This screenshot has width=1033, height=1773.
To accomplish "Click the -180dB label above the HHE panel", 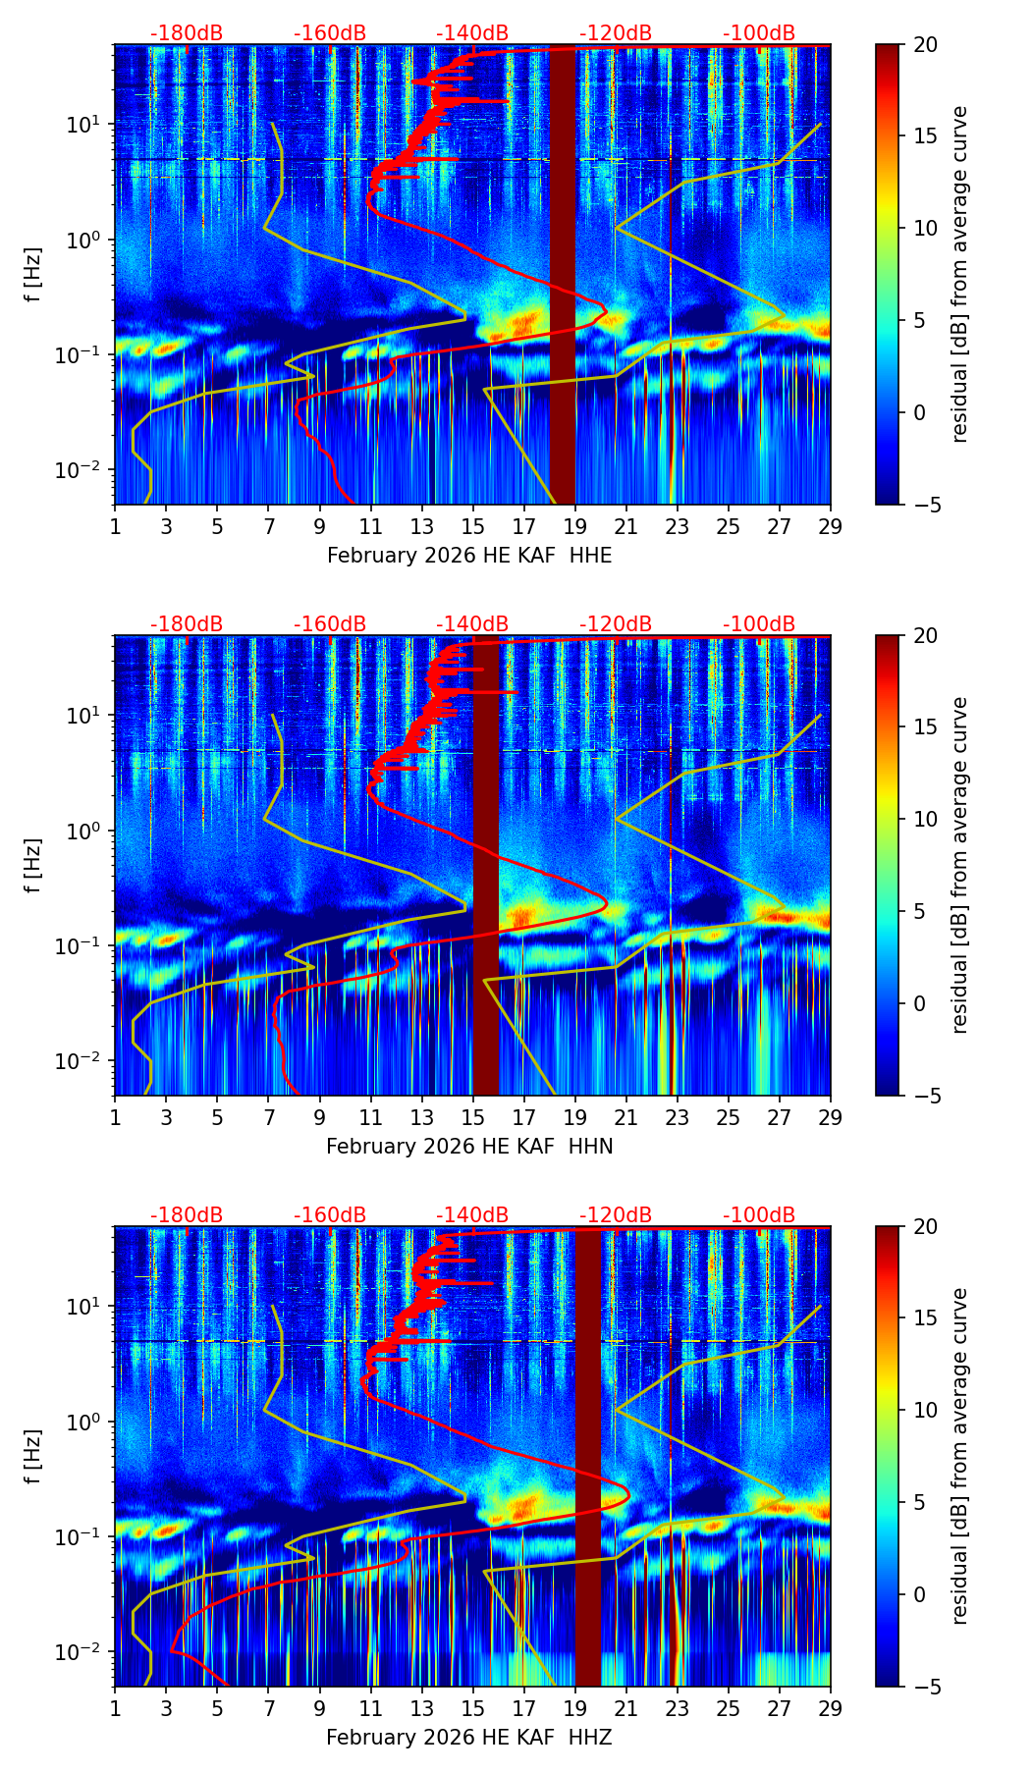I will click(x=187, y=33).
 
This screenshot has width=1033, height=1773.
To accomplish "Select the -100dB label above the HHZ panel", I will click(x=759, y=1215).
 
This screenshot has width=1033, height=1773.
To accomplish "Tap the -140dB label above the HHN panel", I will click(x=472, y=624).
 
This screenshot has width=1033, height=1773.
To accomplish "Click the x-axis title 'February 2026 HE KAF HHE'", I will click(x=469, y=556).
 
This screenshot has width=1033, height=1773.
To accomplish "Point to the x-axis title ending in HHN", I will click(x=469, y=1147).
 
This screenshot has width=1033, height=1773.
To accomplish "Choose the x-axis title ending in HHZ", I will click(x=469, y=1738).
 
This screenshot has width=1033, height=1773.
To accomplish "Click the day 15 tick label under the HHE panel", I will click(x=472, y=526).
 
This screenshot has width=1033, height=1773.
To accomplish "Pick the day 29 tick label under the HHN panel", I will click(x=830, y=1117).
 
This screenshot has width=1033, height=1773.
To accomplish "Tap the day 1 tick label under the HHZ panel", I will click(x=116, y=1708).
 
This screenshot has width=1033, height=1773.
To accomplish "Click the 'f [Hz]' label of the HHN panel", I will click(x=34, y=865).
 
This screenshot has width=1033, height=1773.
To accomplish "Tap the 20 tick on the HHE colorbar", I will click(x=926, y=44).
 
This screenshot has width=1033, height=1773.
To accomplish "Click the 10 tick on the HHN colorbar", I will click(x=926, y=819).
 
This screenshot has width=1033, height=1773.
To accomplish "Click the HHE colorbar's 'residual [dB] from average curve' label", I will click(x=960, y=274).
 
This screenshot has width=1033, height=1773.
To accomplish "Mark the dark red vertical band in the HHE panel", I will click(x=562, y=275).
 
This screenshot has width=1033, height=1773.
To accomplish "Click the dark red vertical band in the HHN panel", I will click(x=486, y=864).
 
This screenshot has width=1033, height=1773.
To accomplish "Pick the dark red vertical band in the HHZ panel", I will click(x=587, y=1456).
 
